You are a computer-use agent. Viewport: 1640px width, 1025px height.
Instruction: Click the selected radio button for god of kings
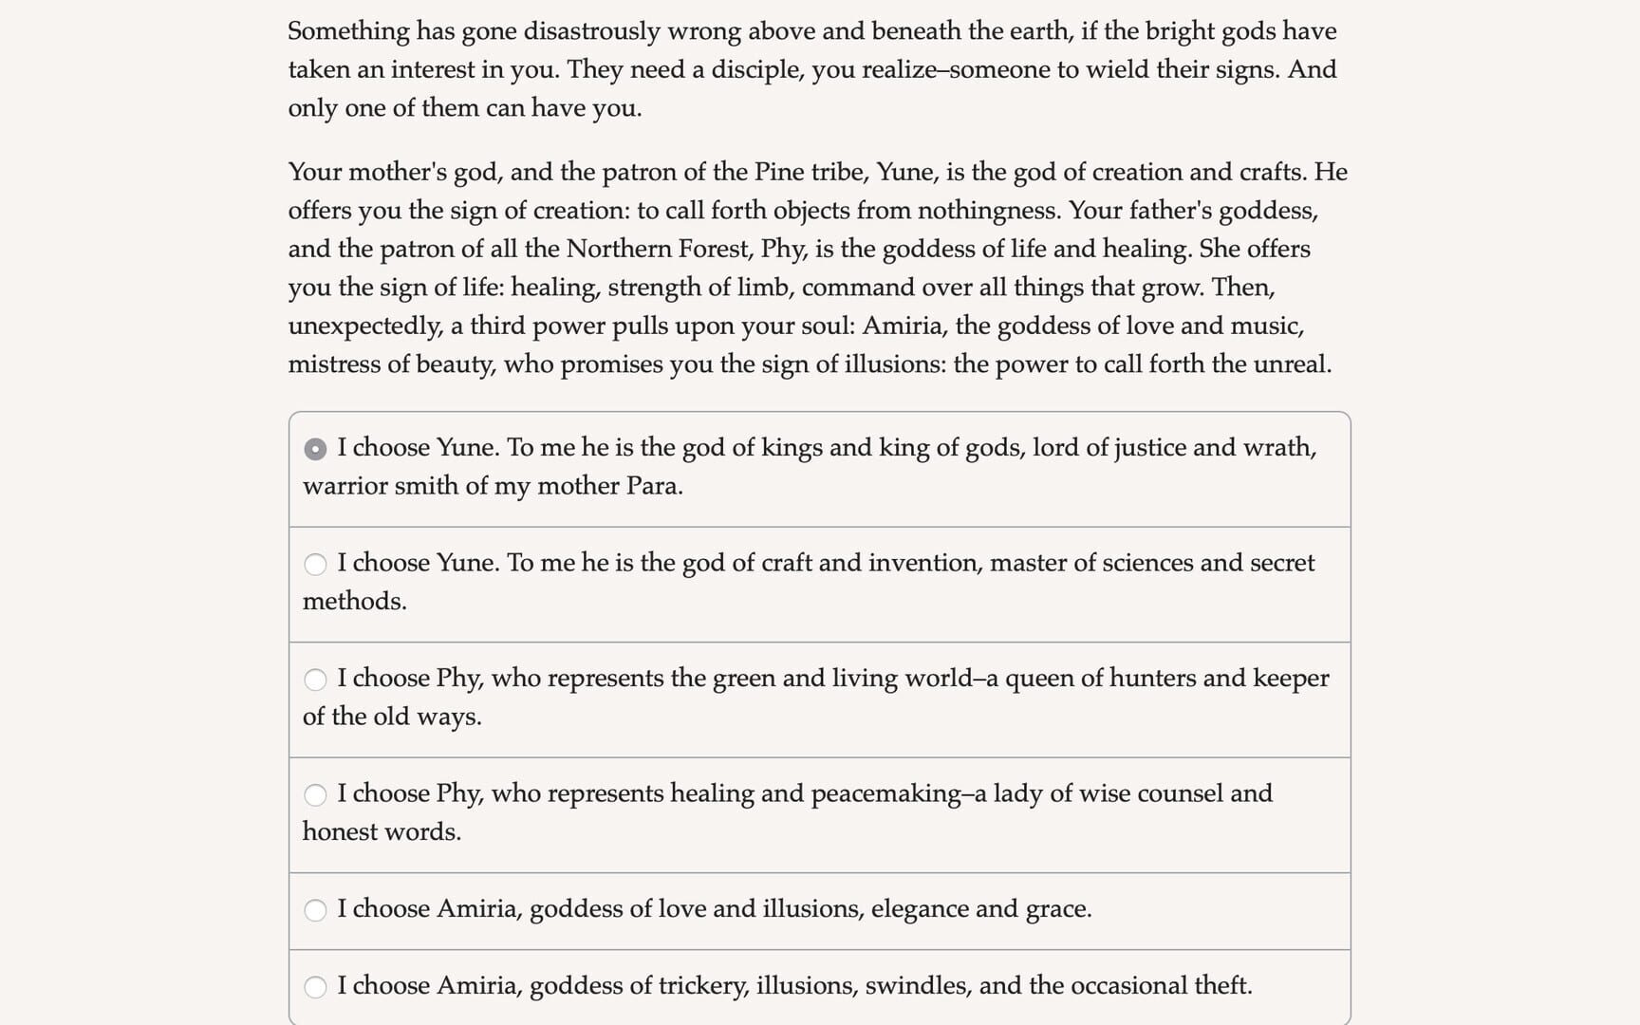pyautogui.click(x=315, y=449)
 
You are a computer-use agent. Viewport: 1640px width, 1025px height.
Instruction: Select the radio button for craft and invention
pyautogui.click(x=315, y=565)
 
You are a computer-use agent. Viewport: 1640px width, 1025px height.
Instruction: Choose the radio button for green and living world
pyautogui.click(x=315, y=680)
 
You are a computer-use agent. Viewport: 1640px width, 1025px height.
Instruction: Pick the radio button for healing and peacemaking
pyautogui.click(x=315, y=794)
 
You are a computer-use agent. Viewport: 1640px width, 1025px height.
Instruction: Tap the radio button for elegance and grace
pyautogui.click(x=315, y=910)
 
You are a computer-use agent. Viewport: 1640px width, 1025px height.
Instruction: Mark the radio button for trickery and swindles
pyautogui.click(x=315, y=987)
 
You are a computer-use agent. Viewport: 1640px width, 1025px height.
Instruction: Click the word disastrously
pyautogui.click(x=591, y=31)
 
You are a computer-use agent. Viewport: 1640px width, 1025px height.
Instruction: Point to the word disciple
pyautogui.click(x=755, y=70)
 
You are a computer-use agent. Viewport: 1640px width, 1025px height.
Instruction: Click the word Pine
pyautogui.click(x=778, y=172)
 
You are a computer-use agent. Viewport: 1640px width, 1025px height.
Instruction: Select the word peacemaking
pyautogui.click(x=885, y=793)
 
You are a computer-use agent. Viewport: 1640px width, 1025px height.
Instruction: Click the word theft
pyautogui.click(x=1222, y=986)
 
